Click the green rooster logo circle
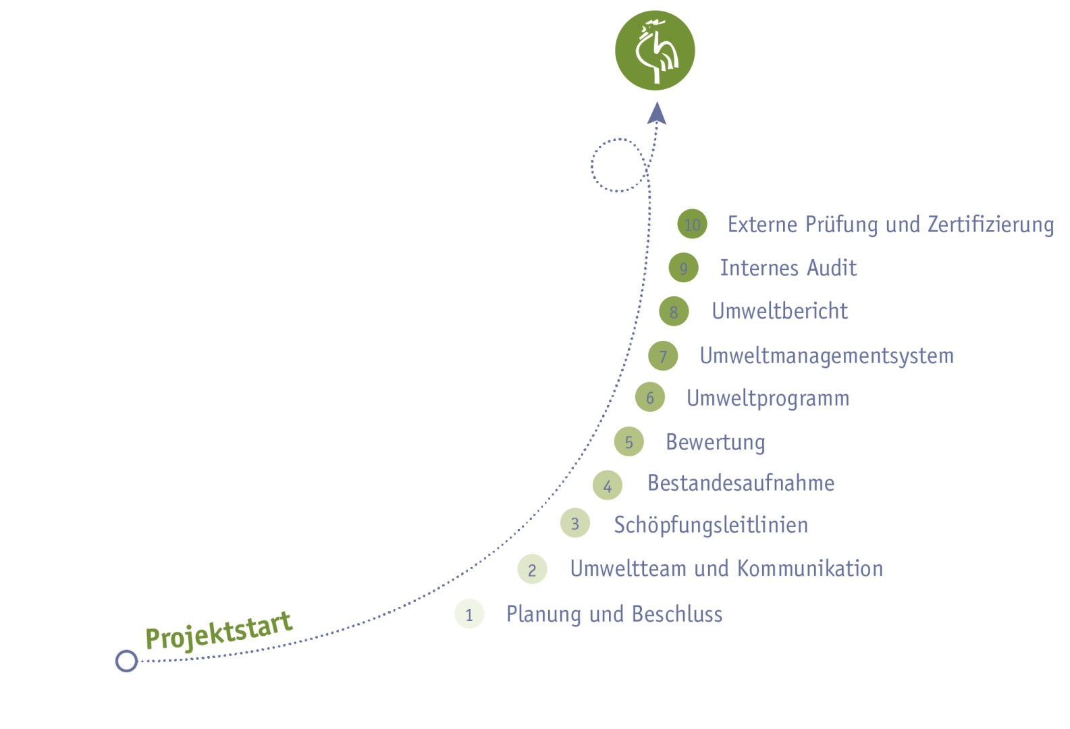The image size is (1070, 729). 655,51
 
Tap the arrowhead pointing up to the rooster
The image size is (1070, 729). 657,113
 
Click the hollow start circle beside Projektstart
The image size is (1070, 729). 127,661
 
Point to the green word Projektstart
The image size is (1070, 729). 219,632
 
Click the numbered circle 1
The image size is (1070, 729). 469,614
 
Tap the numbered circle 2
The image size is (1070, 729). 532,569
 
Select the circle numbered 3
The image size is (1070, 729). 575,523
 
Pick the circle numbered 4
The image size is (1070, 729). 608,485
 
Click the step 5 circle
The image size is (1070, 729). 629,441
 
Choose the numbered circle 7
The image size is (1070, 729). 663,356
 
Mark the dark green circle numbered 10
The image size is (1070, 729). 692,224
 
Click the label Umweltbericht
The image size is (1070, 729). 780,311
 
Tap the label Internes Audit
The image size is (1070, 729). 788,267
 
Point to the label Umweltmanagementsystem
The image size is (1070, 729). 827,356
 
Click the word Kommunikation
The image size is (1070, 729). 809,568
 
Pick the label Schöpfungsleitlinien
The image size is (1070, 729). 711,525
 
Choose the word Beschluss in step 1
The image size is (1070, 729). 677,614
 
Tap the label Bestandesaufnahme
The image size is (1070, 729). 741,483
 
